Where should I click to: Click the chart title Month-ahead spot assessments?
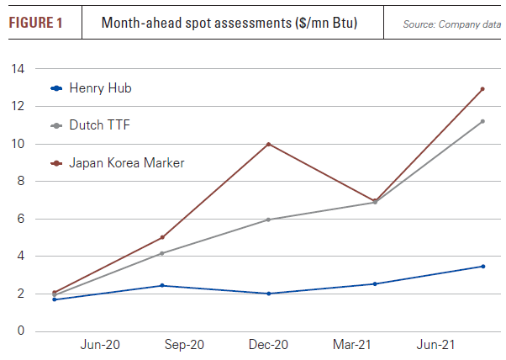click(x=229, y=23)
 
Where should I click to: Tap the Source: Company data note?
click(x=451, y=24)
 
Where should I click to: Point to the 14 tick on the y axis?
click(x=18, y=69)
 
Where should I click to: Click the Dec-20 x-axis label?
click(x=269, y=345)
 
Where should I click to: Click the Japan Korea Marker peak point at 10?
click(x=268, y=144)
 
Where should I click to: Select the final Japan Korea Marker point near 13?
click(x=482, y=89)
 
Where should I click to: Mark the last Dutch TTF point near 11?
click(x=482, y=121)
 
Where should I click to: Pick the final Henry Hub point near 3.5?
click(x=482, y=267)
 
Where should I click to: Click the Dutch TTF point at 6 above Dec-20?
click(x=268, y=220)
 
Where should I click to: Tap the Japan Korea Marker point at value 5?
click(x=161, y=237)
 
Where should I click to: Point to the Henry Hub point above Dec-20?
click(x=268, y=294)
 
